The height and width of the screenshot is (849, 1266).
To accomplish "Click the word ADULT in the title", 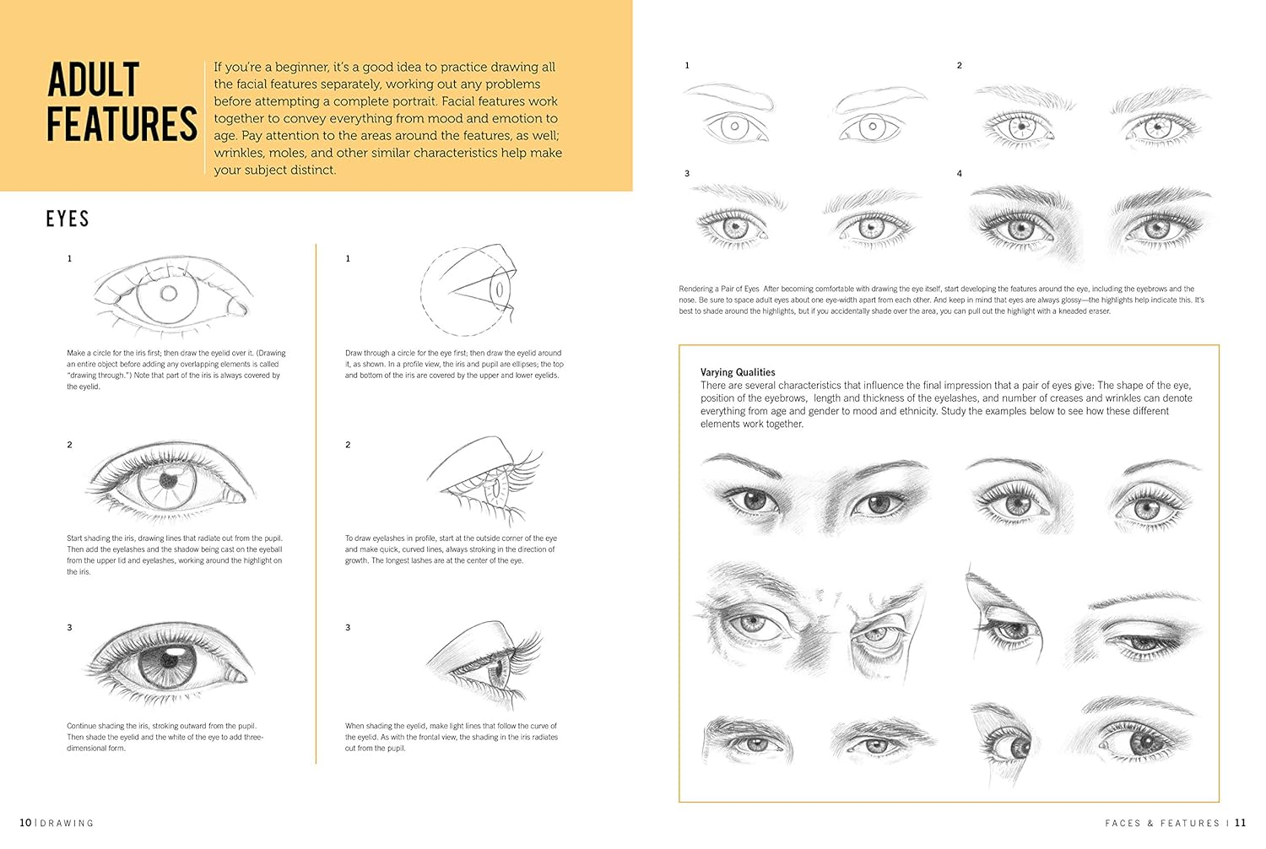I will click(93, 81).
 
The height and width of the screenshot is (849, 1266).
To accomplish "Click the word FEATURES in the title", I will click(122, 125).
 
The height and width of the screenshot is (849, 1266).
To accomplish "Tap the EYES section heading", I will click(68, 219).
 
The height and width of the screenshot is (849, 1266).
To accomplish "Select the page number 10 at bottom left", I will click(25, 823).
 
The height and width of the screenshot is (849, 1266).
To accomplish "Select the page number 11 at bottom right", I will click(1240, 823).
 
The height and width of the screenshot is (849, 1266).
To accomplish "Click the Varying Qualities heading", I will click(738, 372).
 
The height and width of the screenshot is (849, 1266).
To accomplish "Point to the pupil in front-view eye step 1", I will click(169, 294).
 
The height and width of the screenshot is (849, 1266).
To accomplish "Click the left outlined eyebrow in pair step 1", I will click(730, 97).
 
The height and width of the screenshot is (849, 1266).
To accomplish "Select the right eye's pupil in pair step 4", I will click(1157, 229).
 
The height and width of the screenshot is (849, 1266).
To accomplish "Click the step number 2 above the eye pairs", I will click(959, 66).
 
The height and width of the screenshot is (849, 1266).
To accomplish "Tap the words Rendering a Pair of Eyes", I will click(719, 289).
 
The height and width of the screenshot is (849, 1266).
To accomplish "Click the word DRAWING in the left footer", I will click(68, 823).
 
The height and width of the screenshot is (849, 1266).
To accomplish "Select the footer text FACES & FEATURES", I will click(1162, 823).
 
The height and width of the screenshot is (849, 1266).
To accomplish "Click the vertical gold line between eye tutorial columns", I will click(316, 506).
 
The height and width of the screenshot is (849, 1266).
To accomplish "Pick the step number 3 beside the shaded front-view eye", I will click(70, 628).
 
